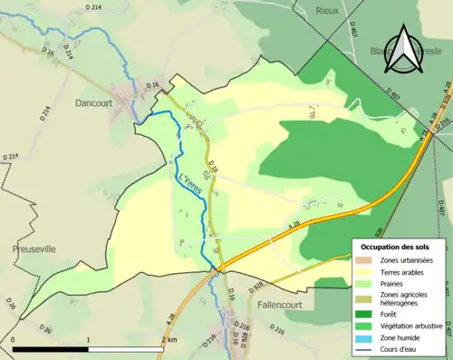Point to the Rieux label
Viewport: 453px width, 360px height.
click(326, 10)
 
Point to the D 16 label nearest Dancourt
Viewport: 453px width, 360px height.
click(152, 84)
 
